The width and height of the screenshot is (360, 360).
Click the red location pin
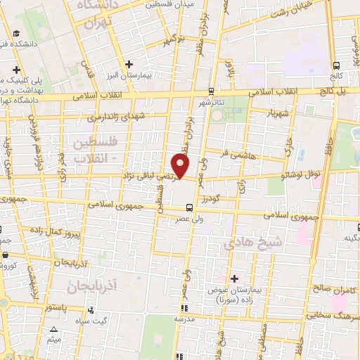tap(181, 166)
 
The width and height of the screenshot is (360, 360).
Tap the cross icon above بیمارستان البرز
tap(128, 64)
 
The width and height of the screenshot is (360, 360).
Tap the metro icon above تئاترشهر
tap(211, 91)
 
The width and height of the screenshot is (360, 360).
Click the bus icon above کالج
tap(335, 62)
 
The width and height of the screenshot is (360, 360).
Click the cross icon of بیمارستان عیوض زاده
tap(234, 279)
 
